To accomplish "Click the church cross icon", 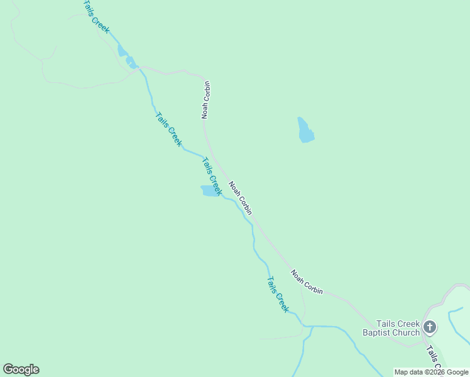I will pos(430,327).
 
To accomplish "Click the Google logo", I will pos(21,369).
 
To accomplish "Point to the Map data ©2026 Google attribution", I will pos(431,372).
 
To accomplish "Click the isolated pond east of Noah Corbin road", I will pos(305,129).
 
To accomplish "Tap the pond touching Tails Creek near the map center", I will pos(208,190).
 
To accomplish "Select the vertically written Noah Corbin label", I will pos(205,99).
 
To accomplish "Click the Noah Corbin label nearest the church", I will pos(307,282).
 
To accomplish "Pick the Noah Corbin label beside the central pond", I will pos(240,199).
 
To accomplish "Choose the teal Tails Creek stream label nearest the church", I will pos(277,295).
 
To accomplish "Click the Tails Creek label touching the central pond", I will pos(211,176).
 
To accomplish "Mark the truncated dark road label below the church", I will pos(434,358).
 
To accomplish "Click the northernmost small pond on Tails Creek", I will pos(122,51).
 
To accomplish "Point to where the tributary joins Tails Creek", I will pos(312,327).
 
